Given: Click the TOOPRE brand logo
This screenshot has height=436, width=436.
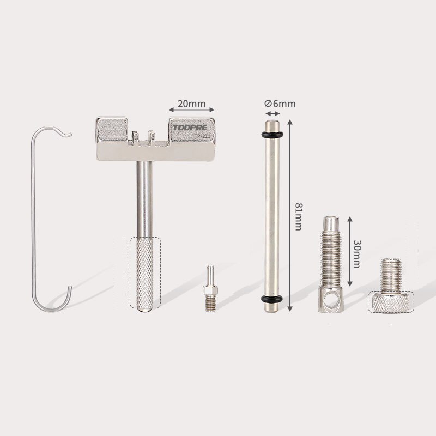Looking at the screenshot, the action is click(x=190, y=128).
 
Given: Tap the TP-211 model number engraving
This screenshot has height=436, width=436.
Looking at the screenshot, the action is click(x=203, y=136).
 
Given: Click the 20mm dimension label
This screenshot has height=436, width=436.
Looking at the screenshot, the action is click(x=192, y=104).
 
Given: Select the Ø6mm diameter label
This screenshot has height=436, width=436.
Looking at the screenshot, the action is click(x=280, y=104).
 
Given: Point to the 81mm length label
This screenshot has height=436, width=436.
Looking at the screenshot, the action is click(x=298, y=216).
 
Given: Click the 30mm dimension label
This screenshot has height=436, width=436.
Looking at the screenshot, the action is click(x=357, y=253).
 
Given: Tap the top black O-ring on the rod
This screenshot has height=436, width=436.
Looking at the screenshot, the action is click(x=272, y=134).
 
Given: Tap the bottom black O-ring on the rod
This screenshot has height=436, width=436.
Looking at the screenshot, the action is click(x=272, y=299).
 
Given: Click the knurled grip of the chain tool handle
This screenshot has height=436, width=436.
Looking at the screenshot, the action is click(x=145, y=273).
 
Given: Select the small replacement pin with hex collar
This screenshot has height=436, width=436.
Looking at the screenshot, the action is click(x=210, y=288).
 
